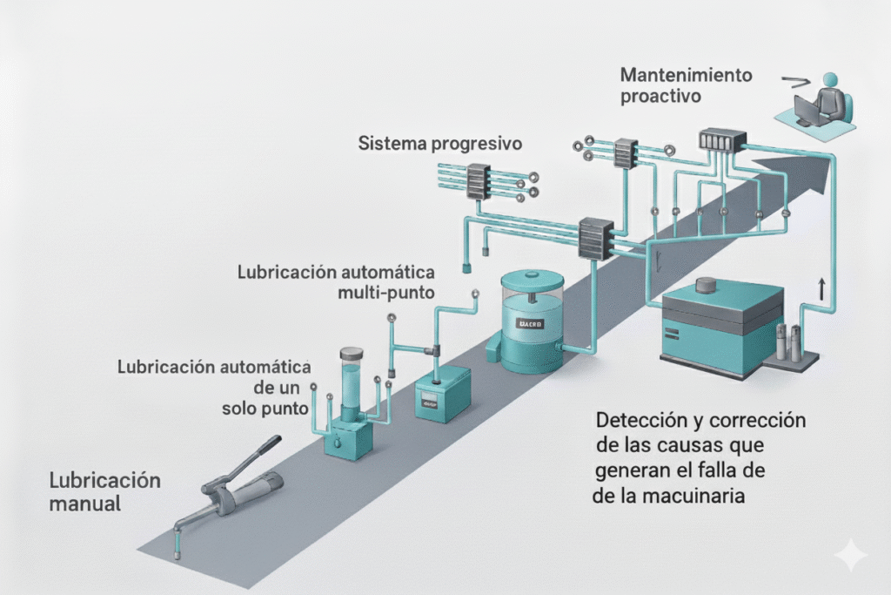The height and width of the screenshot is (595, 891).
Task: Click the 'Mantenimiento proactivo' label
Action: pos(686,85)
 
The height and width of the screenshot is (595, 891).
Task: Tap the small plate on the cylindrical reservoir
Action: pos(531,324)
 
